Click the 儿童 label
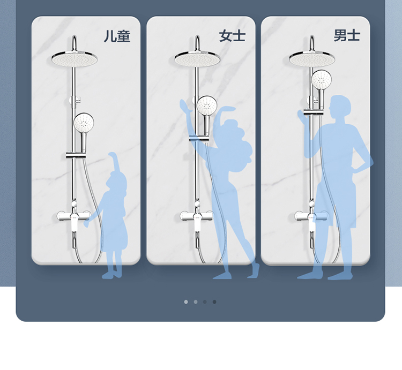click(x=117, y=36)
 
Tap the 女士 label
click(x=232, y=35)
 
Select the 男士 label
click(x=347, y=35)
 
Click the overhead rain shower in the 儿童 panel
click(x=75, y=59)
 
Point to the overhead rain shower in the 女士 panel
click(x=197, y=59)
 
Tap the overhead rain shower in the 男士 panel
click(x=312, y=59)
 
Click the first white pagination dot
click(x=186, y=302)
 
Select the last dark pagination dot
click(x=214, y=302)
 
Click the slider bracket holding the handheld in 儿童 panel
click(x=76, y=155)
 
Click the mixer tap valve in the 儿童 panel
click(x=74, y=216)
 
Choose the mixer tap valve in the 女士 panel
click(x=197, y=216)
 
